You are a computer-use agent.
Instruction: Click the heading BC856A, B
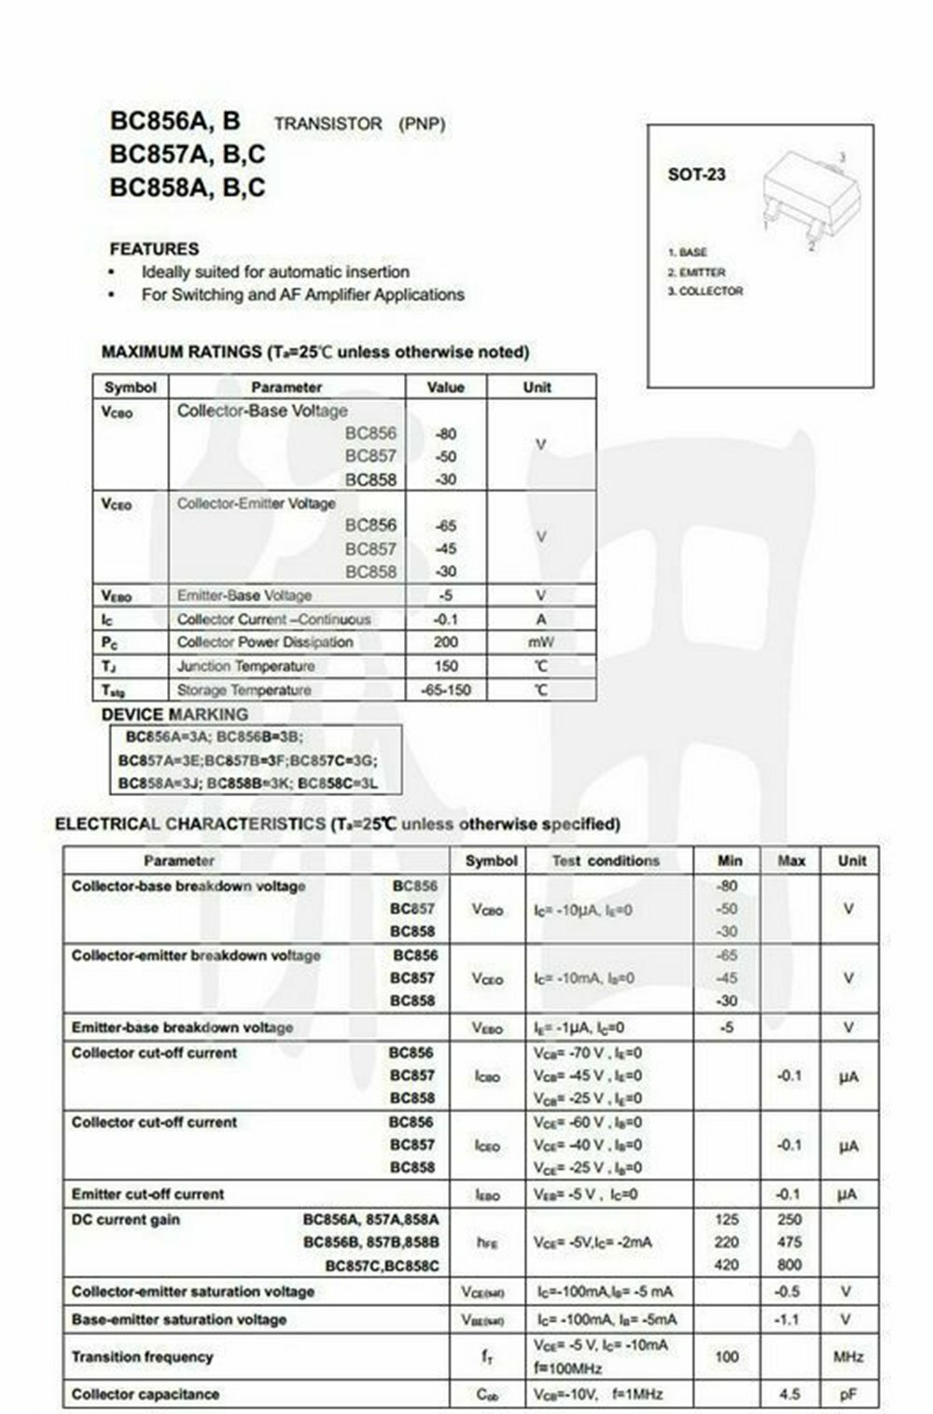click(175, 121)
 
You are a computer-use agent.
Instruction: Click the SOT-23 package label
click(696, 175)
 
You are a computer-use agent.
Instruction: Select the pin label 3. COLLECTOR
click(705, 291)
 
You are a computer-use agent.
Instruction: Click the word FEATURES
click(154, 249)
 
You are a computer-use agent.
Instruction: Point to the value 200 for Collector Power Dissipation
click(446, 642)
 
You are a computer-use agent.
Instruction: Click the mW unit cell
click(540, 642)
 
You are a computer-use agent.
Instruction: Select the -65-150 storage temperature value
click(446, 691)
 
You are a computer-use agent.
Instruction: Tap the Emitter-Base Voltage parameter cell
click(244, 595)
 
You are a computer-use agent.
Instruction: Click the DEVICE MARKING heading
click(174, 714)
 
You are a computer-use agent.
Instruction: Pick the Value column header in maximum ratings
click(445, 386)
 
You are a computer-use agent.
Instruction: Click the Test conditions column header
click(606, 861)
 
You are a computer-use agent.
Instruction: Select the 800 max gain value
click(789, 1265)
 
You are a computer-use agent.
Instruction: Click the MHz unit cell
click(848, 1357)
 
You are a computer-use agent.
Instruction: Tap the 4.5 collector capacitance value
click(789, 1394)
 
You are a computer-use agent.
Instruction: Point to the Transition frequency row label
click(142, 1357)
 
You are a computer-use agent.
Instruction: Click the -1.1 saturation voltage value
click(789, 1320)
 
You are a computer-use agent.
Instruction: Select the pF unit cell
click(848, 1394)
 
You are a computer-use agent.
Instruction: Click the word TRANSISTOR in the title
click(328, 124)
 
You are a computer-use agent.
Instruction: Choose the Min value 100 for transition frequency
click(727, 1357)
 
